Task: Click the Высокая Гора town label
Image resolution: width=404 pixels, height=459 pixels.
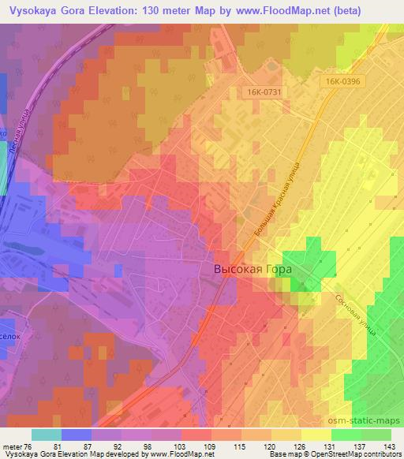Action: click(252, 269)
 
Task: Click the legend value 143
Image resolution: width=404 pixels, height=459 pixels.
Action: click(390, 446)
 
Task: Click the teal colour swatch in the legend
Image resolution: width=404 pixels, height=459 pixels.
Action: click(46, 435)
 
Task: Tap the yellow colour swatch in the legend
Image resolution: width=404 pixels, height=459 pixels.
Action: click(316, 435)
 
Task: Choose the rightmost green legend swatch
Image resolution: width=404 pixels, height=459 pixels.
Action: click(376, 435)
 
